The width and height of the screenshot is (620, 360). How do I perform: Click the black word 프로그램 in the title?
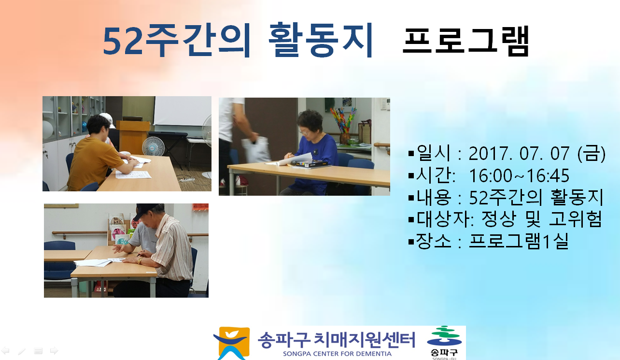click(x=465, y=41)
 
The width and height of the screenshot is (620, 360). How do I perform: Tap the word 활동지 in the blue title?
click(x=321, y=40)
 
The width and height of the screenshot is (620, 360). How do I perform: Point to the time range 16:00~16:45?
click(x=519, y=175)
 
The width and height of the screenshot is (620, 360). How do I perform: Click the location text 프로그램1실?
click(x=519, y=241)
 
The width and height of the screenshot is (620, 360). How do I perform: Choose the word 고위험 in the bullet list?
click(x=576, y=219)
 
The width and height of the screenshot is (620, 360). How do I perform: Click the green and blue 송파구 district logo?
click(x=444, y=343)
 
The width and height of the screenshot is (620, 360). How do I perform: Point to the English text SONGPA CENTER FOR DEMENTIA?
click(x=337, y=354)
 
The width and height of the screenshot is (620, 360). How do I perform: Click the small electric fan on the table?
click(x=153, y=147)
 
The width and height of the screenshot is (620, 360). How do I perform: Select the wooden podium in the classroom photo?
click(x=133, y=137)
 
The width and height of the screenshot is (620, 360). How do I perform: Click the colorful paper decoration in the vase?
click(x=343, y=120)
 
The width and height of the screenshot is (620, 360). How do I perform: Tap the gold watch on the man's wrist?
click(x=140, y=261)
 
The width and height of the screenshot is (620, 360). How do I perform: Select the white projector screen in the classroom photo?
click(x=183, y=111)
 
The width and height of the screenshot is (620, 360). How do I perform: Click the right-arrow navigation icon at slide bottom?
click(x=54, y=351)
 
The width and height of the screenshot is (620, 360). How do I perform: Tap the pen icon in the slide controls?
click(x=22, y=351)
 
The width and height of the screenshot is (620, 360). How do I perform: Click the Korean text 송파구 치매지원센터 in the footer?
click(x=337, y=340)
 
